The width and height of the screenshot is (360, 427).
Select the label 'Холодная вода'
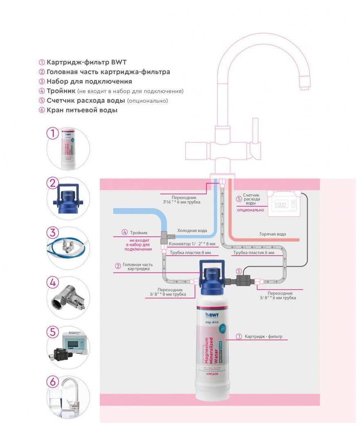coord(192,231)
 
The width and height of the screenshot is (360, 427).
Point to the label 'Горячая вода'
coord(272,234)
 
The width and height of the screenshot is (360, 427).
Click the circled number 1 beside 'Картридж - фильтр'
coord(239,337)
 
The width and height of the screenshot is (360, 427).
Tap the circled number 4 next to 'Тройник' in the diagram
coord(125,232)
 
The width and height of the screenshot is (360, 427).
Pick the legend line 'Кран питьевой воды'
coord(82,110)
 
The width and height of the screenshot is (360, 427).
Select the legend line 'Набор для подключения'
coord(89,81)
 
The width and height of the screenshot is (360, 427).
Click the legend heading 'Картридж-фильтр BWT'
coord(86,62)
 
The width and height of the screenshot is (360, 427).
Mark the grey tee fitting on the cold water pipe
coord(166,235)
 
